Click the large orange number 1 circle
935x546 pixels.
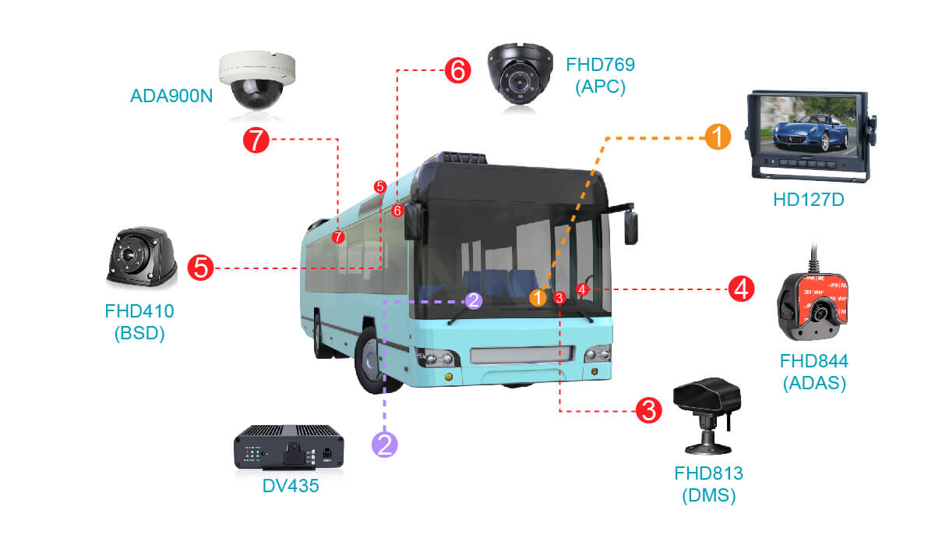[717, 137]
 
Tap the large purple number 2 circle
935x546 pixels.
[385, 444]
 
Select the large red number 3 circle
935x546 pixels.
[648, 409]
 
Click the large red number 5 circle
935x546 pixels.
[200, 268]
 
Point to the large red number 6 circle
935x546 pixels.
[457, 71]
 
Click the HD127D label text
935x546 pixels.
[809, 200]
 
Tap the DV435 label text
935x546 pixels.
[290, 486]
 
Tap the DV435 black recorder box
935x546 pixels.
[289, 447]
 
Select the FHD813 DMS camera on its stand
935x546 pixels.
[707, 414]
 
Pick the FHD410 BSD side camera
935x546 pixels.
[141, 257]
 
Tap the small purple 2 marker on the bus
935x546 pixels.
[475, 300]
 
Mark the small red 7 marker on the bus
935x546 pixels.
[338, 236]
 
